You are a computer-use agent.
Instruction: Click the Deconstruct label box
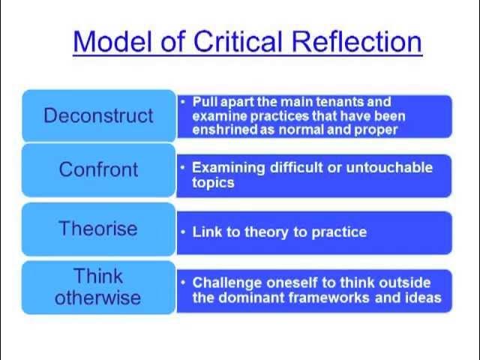pos(98,115)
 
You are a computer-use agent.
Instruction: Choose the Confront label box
pos(98,169)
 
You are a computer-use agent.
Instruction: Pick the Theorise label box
pos(98,228)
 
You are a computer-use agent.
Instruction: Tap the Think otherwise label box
pos(98,286)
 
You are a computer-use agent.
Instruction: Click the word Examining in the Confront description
pos(228,167)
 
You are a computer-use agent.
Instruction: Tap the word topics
pos(214,182)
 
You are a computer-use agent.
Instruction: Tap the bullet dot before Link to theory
pos(183,232)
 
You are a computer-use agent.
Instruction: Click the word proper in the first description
pos(376,129)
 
